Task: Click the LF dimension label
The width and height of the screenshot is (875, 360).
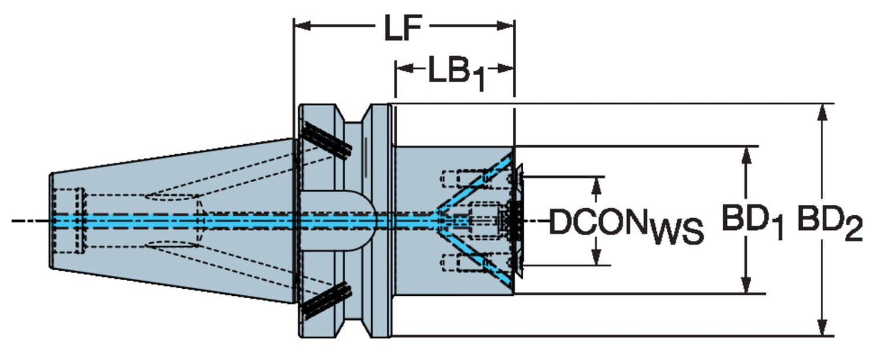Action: coord(402,30)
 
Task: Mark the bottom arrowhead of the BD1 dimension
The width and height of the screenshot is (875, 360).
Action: coord(745,286)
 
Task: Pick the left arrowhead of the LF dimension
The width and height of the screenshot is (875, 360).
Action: coord(301,25)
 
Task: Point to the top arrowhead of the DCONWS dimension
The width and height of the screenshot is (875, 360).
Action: coord(596,184)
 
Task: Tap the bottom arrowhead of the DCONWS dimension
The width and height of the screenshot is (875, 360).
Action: coord(596,257)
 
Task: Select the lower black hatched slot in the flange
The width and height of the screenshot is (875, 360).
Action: coord(327,300)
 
